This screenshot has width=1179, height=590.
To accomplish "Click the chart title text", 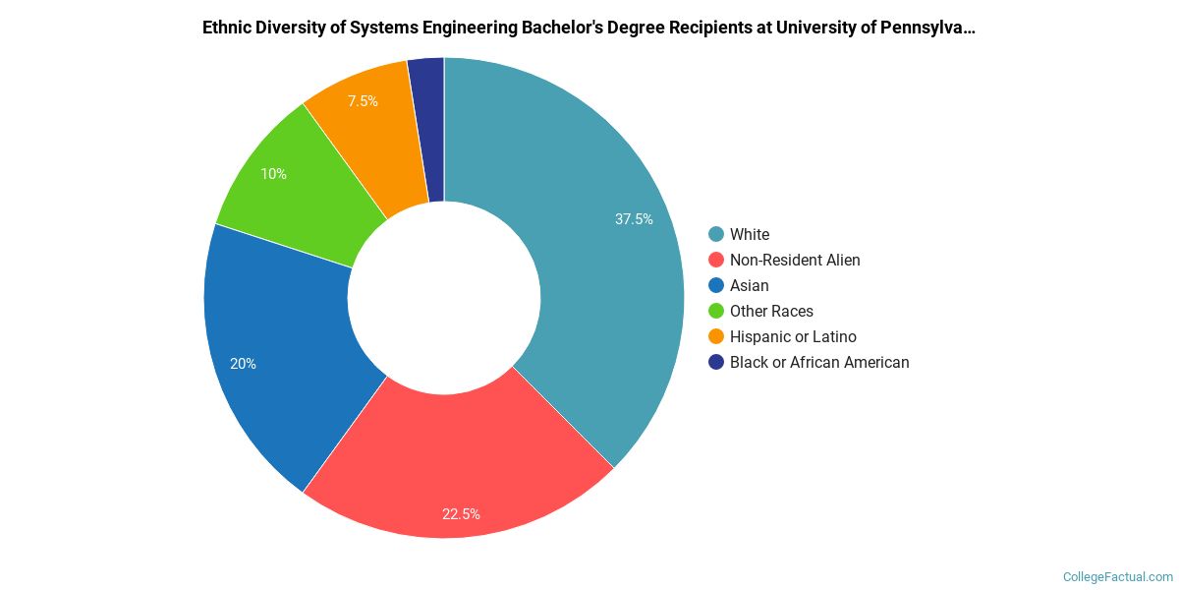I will (589, 28).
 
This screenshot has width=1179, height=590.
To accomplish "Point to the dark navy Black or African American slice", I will (428, 128).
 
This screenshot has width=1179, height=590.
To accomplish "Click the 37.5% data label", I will (634, 219).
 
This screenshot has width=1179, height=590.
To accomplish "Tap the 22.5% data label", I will (461, 513).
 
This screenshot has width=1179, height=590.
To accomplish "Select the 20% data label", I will (243, 364).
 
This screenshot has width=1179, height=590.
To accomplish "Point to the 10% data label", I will (273, 174).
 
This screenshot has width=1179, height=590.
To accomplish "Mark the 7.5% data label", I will (363, 101).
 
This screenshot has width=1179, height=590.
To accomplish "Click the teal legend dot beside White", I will (716, 234).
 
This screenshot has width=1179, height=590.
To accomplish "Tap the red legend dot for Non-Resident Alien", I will (716, 260).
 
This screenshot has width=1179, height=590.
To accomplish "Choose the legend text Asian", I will (749, 285).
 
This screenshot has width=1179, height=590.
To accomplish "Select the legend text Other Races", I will (771, 311).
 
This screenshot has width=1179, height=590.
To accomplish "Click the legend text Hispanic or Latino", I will (793, 336).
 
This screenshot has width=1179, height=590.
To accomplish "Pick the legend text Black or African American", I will (819, 362).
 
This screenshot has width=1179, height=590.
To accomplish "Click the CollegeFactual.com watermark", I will (1118, 577).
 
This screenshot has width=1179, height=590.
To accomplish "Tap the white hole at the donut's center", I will (444, 297).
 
